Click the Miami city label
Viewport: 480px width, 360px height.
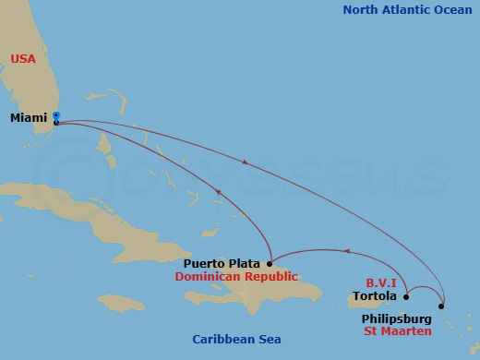click(30, 118)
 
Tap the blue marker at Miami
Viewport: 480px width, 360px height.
click(56, 115)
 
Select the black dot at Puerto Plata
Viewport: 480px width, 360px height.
click(269, 263)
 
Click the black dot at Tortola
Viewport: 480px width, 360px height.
click(406, 296)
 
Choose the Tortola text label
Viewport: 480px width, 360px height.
click(376, 297)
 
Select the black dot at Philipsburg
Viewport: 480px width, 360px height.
click(441, 306)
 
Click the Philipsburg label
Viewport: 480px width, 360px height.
click(402, 318)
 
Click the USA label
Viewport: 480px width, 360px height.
click(23, 59)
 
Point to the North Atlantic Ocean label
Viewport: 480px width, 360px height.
click(407, 10)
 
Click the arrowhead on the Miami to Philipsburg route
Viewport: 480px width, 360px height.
click(245, 162)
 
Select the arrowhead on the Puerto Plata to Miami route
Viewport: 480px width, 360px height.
click(219, 192)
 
